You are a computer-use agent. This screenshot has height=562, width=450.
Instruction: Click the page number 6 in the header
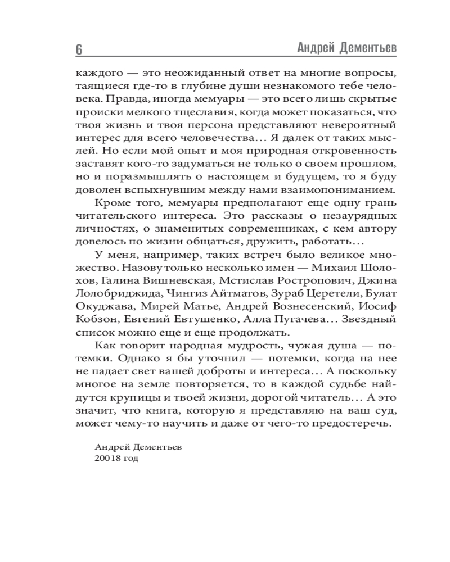tap(79, 49)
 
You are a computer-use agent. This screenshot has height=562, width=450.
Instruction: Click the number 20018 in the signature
tap(97, 459)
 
